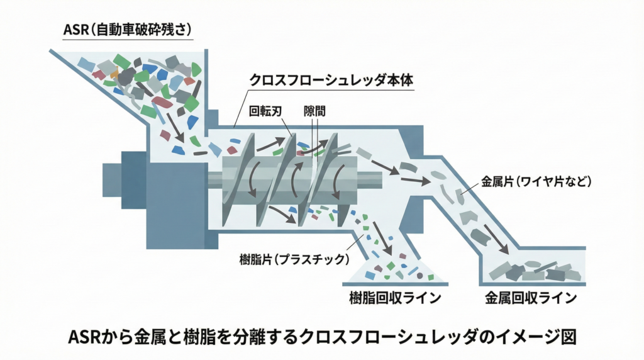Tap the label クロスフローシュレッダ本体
[335, 81]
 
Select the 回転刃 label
[264, 111]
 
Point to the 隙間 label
[314, 111]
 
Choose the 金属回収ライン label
[531, 298]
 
